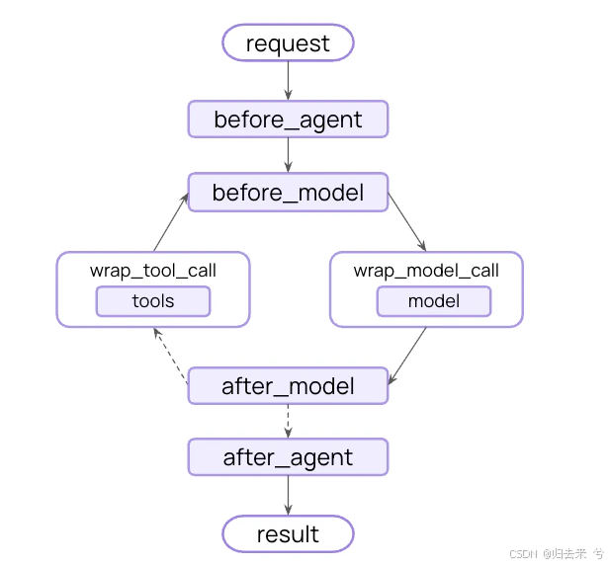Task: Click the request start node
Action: [x=288, y=42]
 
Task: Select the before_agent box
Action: [x=288, y=119]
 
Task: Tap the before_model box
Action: [x=288, y=193]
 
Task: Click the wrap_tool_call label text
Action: [x=153, y=271]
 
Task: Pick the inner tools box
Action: [x=153, y=301]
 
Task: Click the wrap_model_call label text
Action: [x=426, y=271]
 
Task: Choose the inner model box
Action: [x=434, y=301]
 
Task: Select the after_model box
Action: [x=288, y=385]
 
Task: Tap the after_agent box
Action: [x=288, y=457]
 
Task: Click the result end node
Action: [x=288, y=533]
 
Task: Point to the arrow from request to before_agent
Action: [x=288, y=81]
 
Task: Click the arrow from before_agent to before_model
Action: [x=288, y=155]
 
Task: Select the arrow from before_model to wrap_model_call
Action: [x=407, y=221]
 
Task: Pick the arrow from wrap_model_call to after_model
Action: [x=407, y=356]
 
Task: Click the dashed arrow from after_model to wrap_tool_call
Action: [x=171, y=356]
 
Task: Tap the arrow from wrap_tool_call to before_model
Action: [x=171, y=221]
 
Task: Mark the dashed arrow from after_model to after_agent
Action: [x=288, y=421]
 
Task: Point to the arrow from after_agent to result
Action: [x=288, y=495]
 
